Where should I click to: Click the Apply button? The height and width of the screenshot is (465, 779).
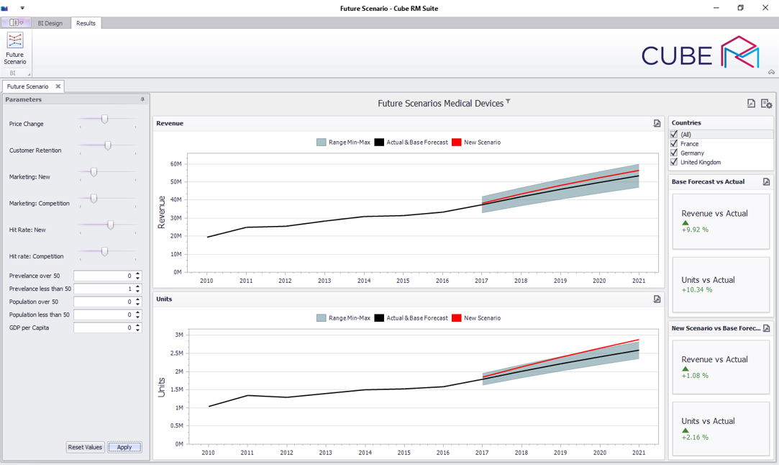(x=124, y=447)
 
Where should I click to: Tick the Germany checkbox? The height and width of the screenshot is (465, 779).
(x=674, y=153)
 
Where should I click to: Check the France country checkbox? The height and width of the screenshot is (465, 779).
(x=674, y=143)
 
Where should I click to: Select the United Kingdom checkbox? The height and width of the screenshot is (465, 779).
(x=674, y=162)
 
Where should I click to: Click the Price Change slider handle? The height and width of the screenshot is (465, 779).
(x=105, y=119)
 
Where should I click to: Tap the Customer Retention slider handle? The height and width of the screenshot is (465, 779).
(x=108, y=145)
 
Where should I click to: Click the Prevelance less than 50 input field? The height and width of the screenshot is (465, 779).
(x=104, y=289)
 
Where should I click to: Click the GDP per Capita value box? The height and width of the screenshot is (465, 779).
(x=104, y=328)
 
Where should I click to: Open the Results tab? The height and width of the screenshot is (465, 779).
(x=86, y=23)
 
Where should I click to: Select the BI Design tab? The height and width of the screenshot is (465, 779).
(x=50, y=23)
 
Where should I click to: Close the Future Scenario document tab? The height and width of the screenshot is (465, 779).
(x=58, y=86)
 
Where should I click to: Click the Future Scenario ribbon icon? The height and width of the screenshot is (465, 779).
(x=15, y=48)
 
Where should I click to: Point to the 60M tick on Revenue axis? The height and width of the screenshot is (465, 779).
(x=176, y=164)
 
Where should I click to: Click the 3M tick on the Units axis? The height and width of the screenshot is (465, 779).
(x=178, y=335)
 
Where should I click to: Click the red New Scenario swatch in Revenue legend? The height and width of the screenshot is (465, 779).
(x=456, y=143)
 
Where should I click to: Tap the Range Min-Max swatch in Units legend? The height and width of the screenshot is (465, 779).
(x=322, y=318)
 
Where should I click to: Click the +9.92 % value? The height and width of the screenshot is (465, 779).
(x=695, y=230)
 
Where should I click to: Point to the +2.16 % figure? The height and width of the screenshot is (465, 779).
(x=695, y=437)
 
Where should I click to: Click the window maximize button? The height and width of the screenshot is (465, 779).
(x=740, y=8)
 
